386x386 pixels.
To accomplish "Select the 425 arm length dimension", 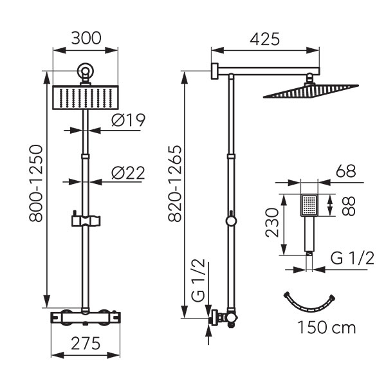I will click(264, 39).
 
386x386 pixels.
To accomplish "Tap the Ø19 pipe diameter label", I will click(128, 120).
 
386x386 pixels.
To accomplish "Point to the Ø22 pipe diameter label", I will click(128, 172).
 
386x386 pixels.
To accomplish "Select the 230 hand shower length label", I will click(270, 222).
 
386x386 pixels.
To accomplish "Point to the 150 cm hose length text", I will click(326, 328).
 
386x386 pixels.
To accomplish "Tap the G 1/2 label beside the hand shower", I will click(352, 259).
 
